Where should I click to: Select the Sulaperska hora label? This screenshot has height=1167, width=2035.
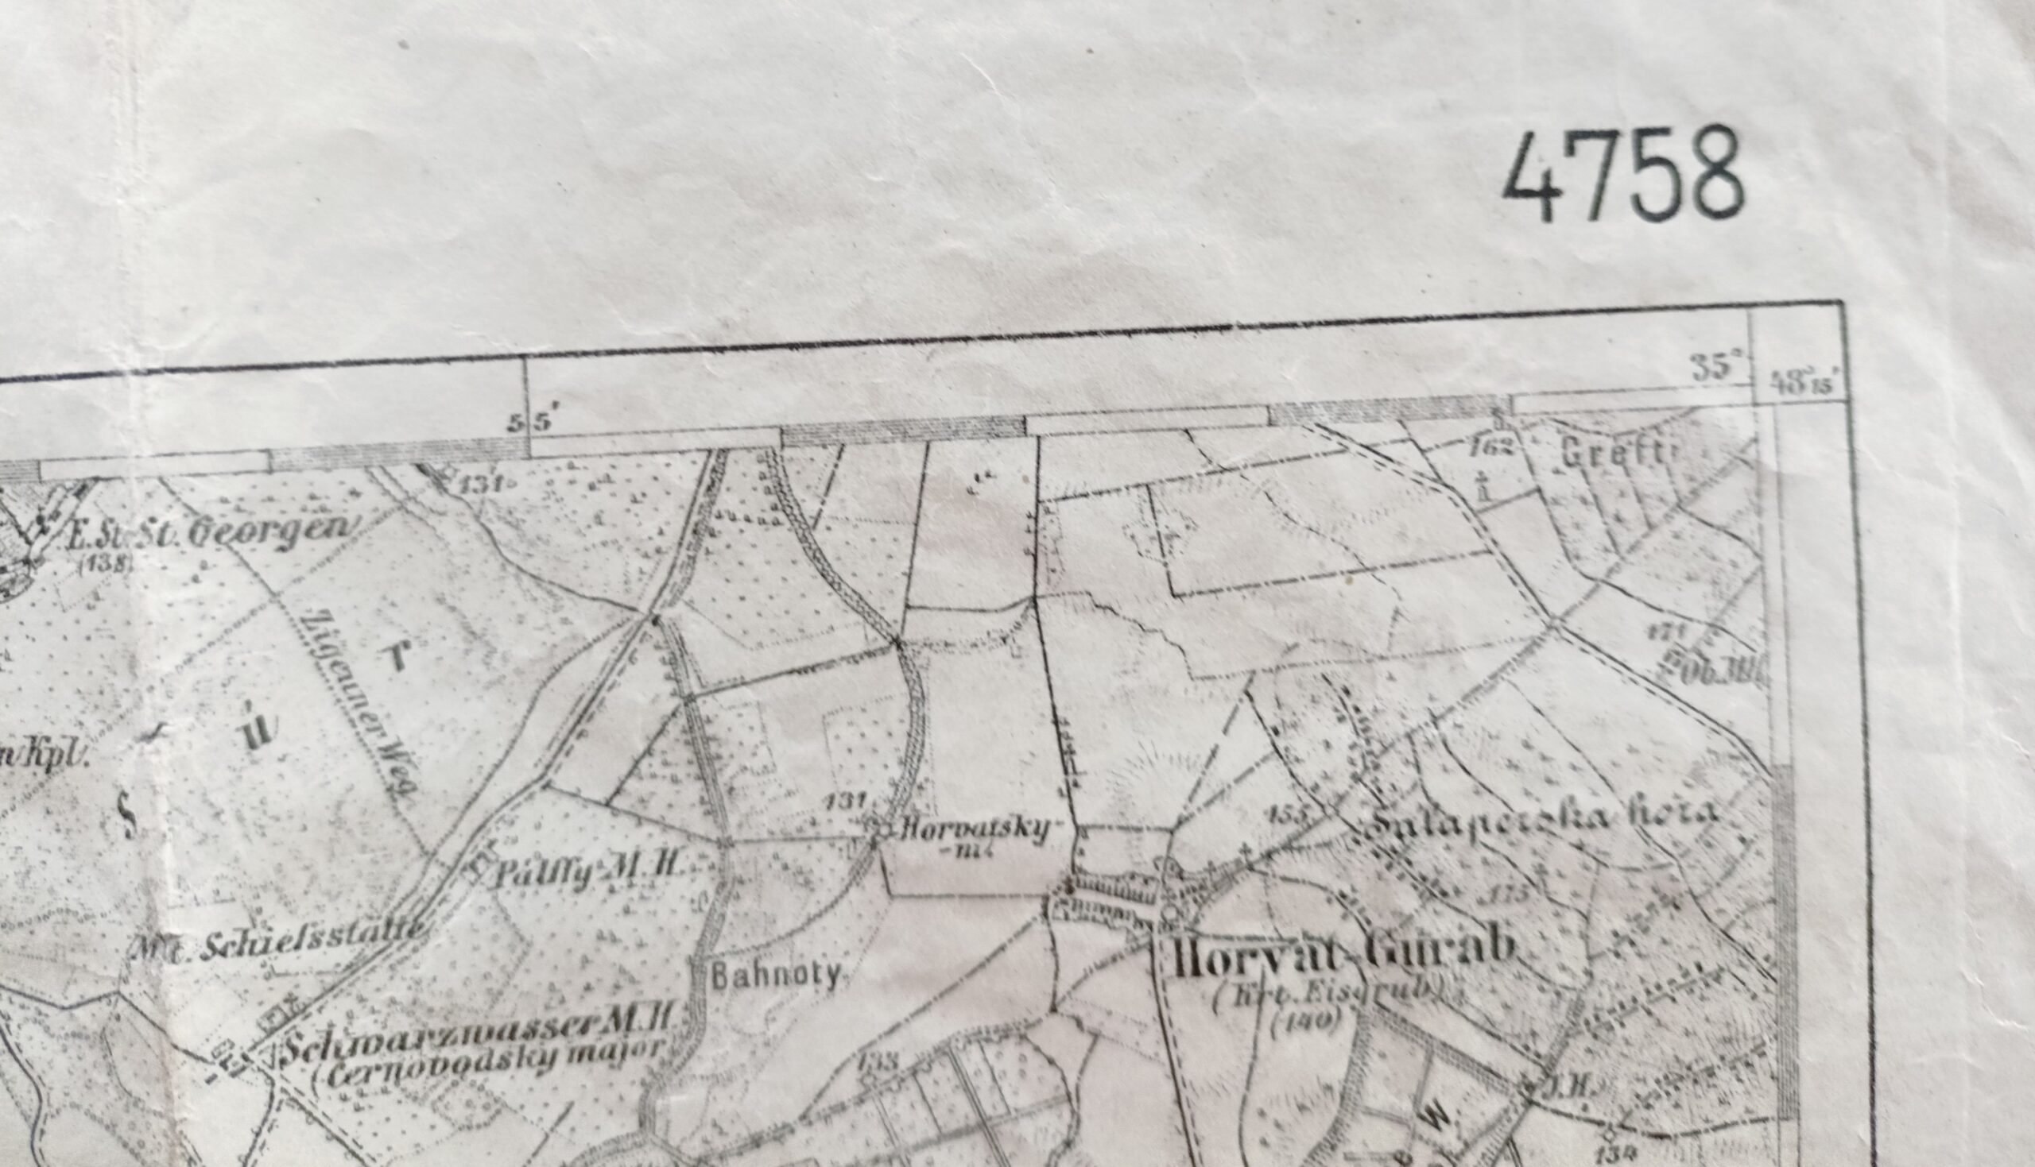(1545, 820)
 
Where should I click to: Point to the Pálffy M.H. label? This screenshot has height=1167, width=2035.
(584, 870)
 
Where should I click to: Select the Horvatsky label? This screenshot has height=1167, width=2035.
(975, 830)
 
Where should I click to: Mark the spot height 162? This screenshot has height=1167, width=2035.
(1493, 446)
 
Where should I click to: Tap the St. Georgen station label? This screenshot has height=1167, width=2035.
(210, 531)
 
